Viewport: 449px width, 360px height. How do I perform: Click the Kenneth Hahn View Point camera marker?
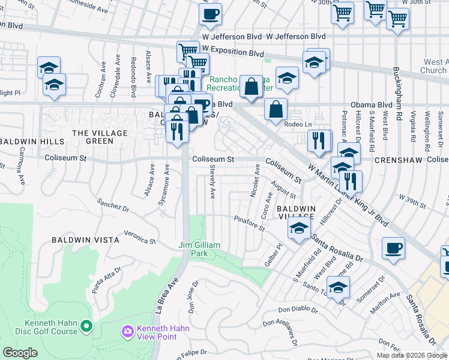coord(127,331)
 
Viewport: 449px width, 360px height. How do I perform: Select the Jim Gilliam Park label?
coord(199,249)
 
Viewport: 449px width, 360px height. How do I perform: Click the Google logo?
coord(20,353)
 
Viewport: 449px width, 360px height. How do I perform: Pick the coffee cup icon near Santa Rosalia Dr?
coord(393,247)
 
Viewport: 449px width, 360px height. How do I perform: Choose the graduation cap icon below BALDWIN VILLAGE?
coord(298,228)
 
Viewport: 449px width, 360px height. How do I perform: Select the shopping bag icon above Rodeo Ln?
coord(276,110)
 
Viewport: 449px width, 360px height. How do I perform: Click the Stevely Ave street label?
coord(212,183)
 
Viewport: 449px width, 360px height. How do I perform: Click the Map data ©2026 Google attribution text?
coord(411,355)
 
